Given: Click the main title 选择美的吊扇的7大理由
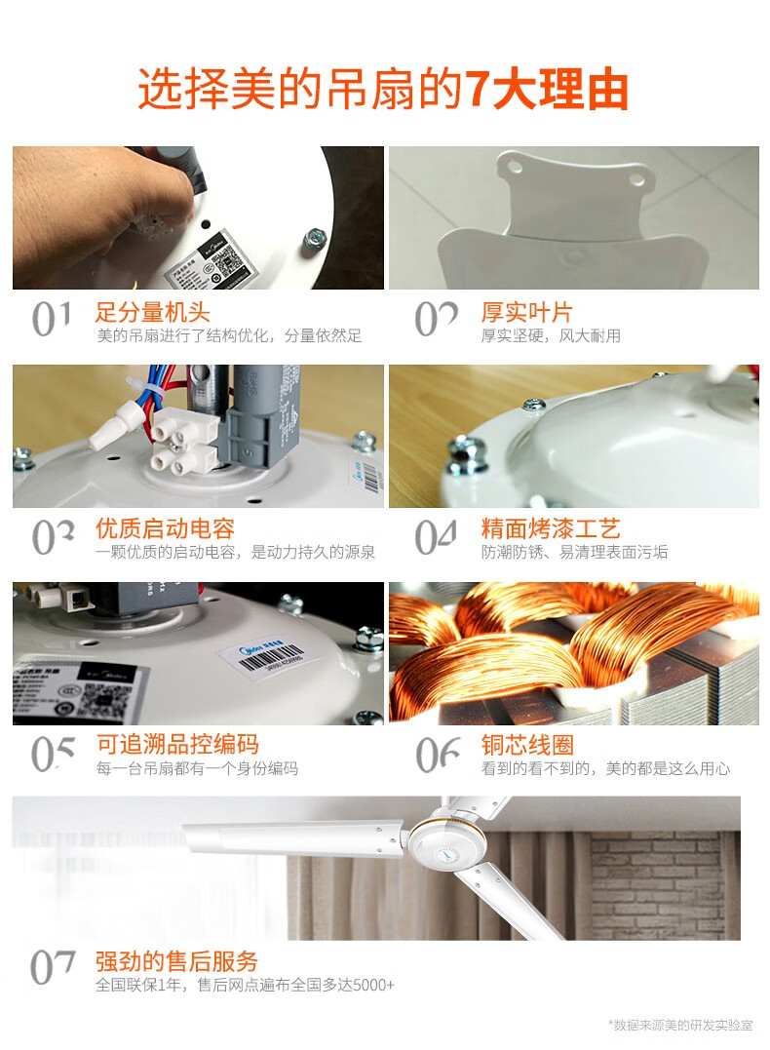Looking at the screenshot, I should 383,91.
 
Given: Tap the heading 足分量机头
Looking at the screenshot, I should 153,313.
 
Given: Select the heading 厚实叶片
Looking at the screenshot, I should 526,313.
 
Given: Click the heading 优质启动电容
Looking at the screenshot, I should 165,529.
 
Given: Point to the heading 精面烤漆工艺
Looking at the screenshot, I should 550,529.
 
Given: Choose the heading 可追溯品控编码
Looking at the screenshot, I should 176,745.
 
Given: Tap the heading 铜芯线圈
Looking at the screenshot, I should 526,745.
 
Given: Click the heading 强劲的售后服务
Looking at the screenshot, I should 176,960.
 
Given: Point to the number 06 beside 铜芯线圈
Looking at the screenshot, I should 438,753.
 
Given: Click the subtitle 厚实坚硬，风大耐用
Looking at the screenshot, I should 550,336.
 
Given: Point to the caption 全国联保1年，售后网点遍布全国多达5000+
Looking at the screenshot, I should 245,985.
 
